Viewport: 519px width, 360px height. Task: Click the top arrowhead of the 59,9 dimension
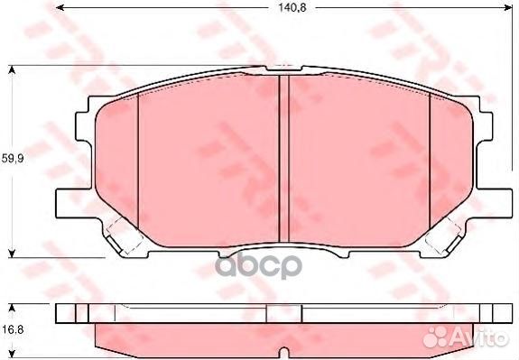click(x=12, y=69)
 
